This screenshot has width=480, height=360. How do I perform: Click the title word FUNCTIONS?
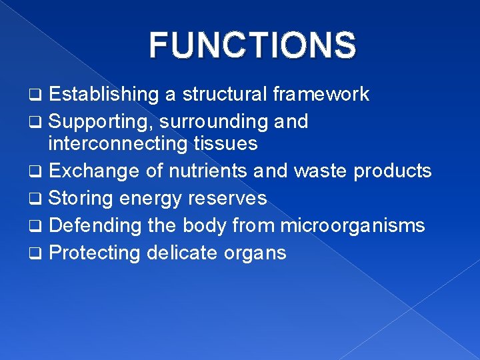pyautogui.click(x=253, y=45)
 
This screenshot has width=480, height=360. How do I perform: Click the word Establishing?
pyautogui.click(x=104, y=95)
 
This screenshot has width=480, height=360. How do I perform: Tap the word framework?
pyautogui.click(x=321, y=95)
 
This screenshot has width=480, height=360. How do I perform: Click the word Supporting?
pyautogui.click(x=100, y=122)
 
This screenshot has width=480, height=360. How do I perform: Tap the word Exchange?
pyautogui.click(x=94, y=171)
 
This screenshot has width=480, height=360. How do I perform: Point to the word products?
pyautogui.click(x=393, y=171)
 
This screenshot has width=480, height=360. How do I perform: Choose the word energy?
pyautogui.click(x=151, y=199)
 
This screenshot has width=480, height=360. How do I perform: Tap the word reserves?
pyautogui.click(x=229, y=198)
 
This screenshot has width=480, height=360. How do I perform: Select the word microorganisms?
pyautogui.click(x=352, y=225)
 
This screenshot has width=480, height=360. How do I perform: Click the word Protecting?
pyautogui.click(x=95, y=253)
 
